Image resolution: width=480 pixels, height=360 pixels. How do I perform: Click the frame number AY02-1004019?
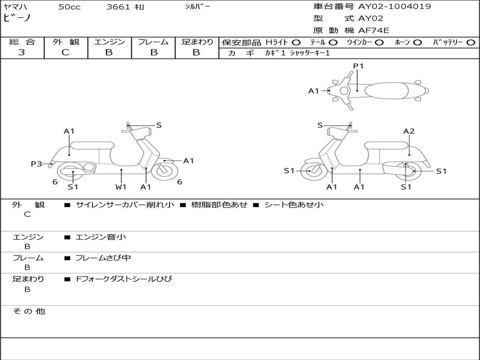tap(395, 7)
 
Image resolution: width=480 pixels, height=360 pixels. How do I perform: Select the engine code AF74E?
tap(374, 30)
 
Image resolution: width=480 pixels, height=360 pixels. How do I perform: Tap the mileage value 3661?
tap(119, 7)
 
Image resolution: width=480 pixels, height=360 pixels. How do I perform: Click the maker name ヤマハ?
tap(15, 7)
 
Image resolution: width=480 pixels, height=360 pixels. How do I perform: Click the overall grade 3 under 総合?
tap(22, 52)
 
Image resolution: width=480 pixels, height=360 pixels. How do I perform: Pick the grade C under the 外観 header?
tap(65, 52)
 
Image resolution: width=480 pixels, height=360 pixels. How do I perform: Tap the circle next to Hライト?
tap(296, 42)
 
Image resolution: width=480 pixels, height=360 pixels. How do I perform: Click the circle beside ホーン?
tap(417, 42)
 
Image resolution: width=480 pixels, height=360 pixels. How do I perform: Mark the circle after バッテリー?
tap(471, 42)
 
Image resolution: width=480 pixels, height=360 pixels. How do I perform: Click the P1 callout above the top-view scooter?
tap(358, 66)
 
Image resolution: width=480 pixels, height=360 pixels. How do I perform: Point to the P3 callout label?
tap(37, 164)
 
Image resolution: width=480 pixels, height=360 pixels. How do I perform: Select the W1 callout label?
tap(121, 187)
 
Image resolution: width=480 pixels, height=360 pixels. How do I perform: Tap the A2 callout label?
tap(409, 131)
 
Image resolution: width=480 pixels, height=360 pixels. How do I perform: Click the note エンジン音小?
tap(101, 237)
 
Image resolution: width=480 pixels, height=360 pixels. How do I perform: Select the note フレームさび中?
tap(103, 258)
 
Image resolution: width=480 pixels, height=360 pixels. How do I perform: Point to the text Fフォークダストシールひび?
tap(124, 279)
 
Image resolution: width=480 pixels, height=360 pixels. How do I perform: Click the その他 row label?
tap(29, 311)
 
